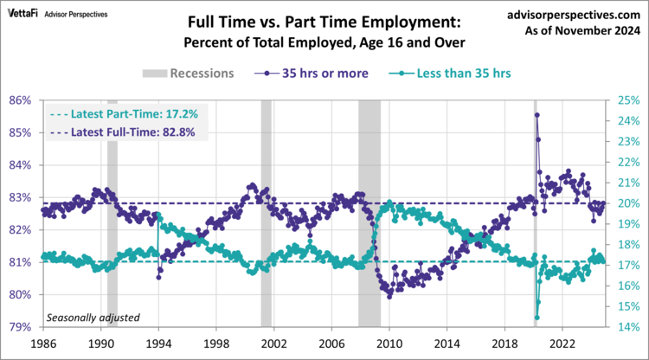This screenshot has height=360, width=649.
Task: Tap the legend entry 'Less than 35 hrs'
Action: pos(453,73)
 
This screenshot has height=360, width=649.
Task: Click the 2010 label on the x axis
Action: pos(389,343)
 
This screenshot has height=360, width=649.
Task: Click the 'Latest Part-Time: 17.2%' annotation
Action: pos(124,113)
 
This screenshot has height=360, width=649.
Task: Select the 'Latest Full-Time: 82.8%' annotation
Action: pos(124,132)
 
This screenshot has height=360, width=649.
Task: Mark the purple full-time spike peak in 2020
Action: pos(537,114)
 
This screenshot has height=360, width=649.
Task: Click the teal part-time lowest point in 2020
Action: pos(537,317)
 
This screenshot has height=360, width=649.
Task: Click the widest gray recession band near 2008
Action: pos(369,212)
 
